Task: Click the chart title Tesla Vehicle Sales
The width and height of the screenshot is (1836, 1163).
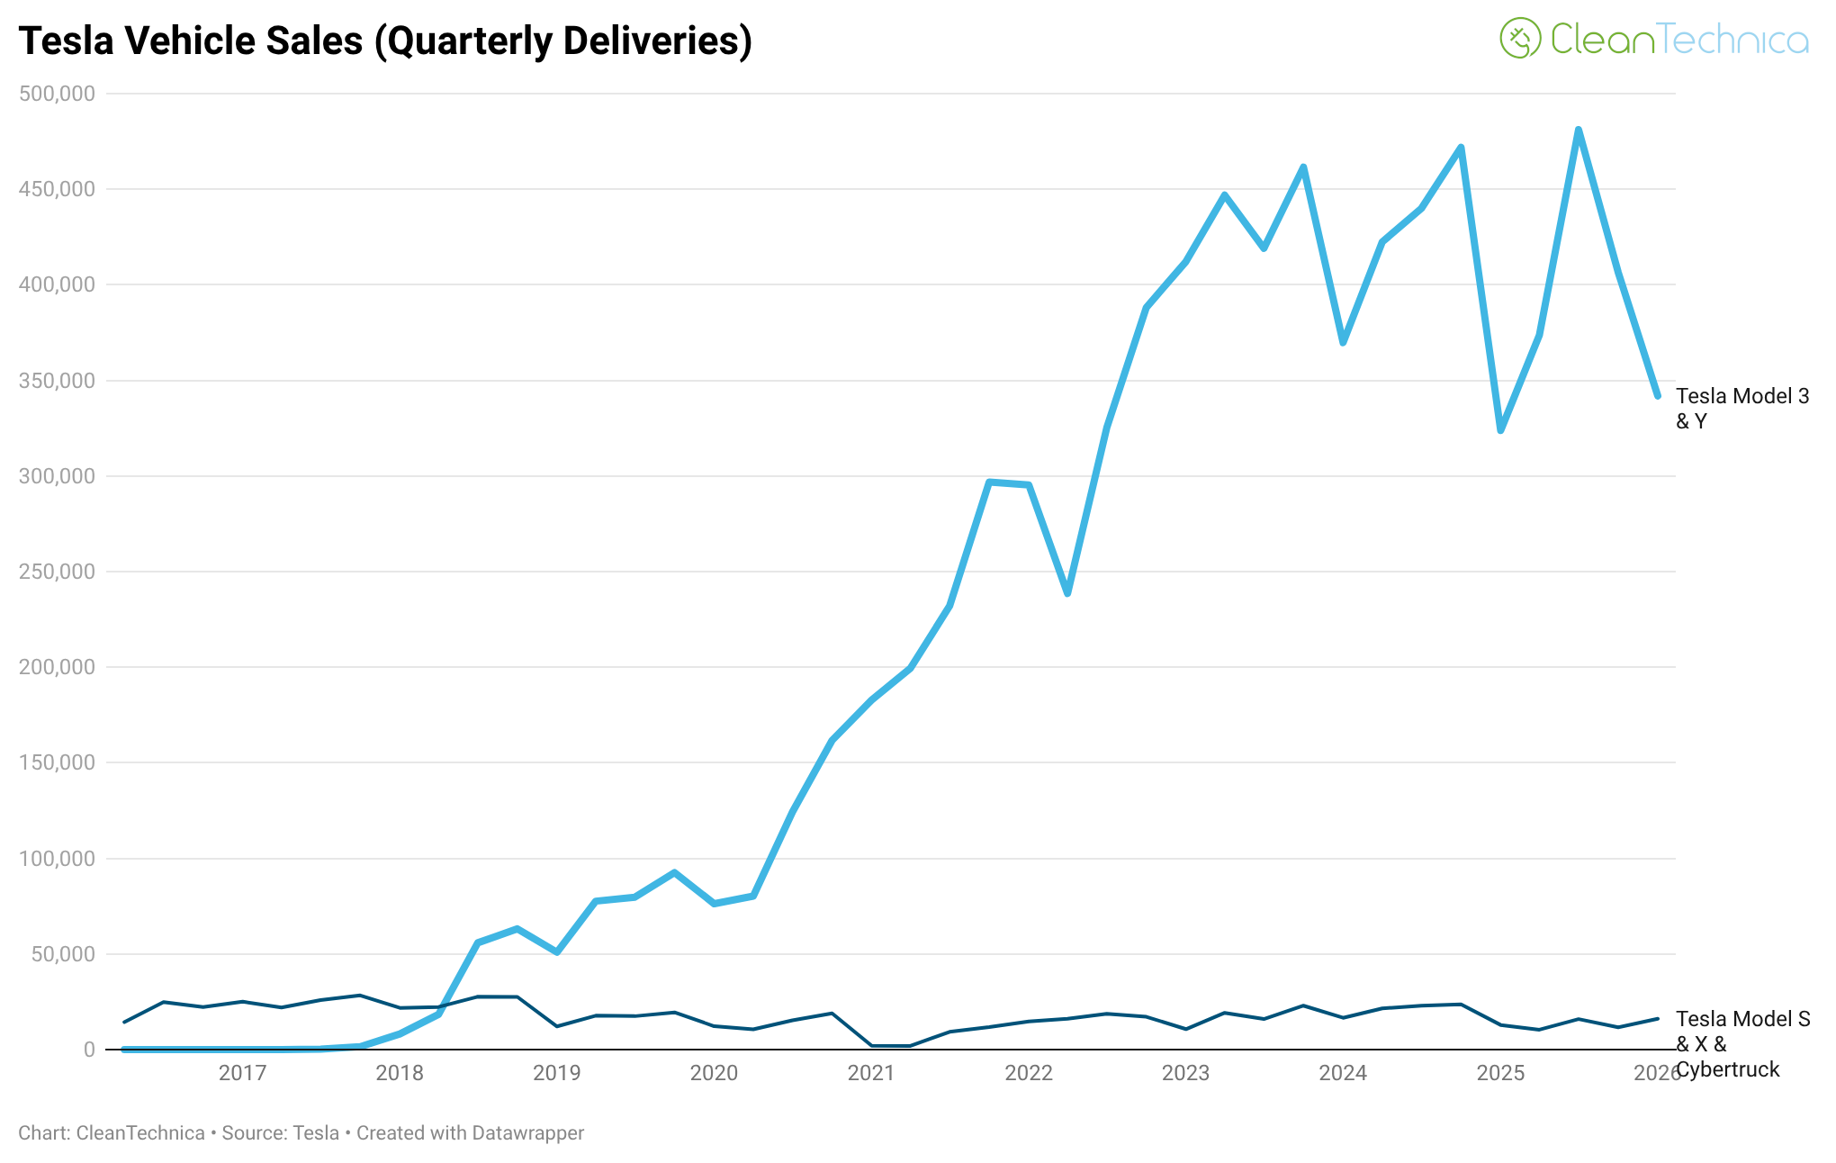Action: coord(384,41)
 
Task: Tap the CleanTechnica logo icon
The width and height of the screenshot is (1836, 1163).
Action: coord(1520,38)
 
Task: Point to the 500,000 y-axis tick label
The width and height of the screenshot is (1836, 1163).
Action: coord(57,94)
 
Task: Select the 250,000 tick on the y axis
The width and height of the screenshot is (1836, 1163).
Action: coord(57,572)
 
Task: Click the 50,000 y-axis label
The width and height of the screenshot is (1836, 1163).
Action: coord(63,954)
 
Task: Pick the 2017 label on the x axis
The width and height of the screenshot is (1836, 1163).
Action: coord(242,1073)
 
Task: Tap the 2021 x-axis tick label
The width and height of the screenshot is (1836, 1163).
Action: coord(871,1073)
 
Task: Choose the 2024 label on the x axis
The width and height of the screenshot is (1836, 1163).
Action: coord(1343,1073)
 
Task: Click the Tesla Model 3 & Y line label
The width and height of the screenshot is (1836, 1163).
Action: coord(1741,409)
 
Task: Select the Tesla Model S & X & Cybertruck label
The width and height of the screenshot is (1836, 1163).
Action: coord(1741,1044)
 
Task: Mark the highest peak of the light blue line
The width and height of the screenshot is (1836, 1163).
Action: coord(1579,130)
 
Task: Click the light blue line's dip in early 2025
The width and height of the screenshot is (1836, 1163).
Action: coord(1500,430)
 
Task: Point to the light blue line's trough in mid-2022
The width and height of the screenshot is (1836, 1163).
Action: coord(1067,593)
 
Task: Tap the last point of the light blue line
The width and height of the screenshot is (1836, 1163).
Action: coord(1657,395)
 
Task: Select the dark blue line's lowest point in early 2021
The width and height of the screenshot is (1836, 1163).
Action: coord(891,1046)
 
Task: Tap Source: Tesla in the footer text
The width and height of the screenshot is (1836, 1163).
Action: coord(280,1133)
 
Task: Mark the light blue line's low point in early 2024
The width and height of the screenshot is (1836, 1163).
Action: coord(1343,342)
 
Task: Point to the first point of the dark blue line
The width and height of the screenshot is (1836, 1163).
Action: coord(124,1022)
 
